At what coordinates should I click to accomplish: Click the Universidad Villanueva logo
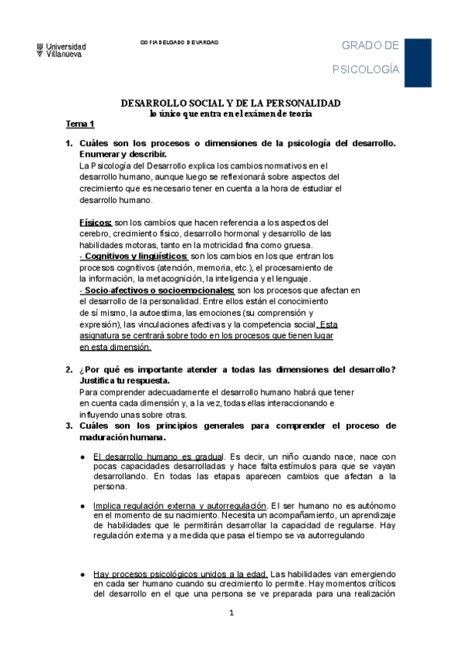click(61, 49)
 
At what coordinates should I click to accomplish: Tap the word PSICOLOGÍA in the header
click(366, 70)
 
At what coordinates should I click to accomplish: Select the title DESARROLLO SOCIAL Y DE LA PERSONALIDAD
click(231, 103)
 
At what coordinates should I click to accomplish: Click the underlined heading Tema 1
click(78, 124)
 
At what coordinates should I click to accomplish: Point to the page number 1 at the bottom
click(231, 634)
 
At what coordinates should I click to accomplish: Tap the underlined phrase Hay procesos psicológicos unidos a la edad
click(181, 574)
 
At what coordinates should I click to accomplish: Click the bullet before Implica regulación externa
click(82, 505)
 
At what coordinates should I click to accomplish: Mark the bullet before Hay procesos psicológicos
click(82, 574)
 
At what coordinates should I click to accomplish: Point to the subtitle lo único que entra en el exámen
click(231, 114)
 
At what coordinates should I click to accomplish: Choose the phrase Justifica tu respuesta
click(124, 381)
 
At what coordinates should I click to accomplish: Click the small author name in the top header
click(179, 42)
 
